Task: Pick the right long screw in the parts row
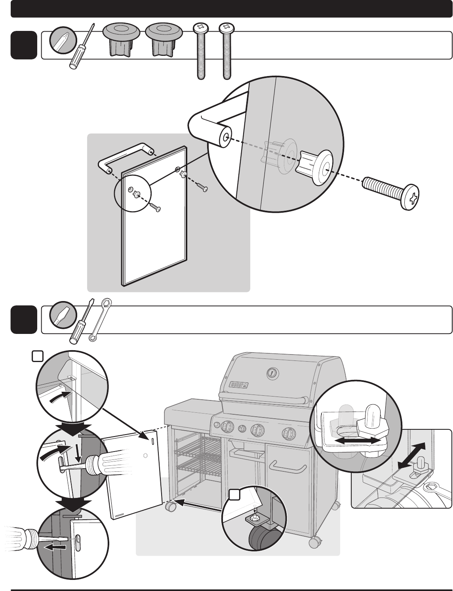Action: click(x=227, y=50)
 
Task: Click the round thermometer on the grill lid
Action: click(x=271, y=372)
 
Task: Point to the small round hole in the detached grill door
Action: click(x=145, y=456)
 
